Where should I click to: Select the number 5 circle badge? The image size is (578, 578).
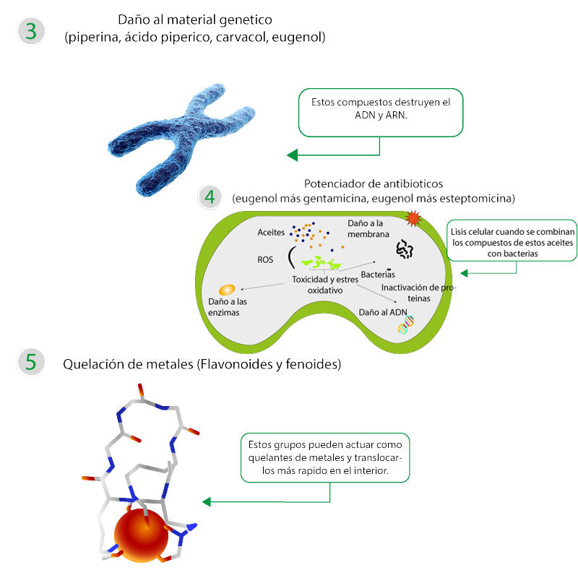30,362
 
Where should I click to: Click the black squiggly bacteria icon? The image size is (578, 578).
404,250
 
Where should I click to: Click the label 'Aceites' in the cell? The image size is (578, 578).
271,233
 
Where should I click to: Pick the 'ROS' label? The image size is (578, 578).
266,259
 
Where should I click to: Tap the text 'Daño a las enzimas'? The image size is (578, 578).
223,307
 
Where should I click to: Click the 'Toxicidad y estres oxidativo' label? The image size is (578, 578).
324,284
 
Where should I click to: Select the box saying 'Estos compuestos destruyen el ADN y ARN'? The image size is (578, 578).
381,113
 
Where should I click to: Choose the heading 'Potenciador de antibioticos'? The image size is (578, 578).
373,183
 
